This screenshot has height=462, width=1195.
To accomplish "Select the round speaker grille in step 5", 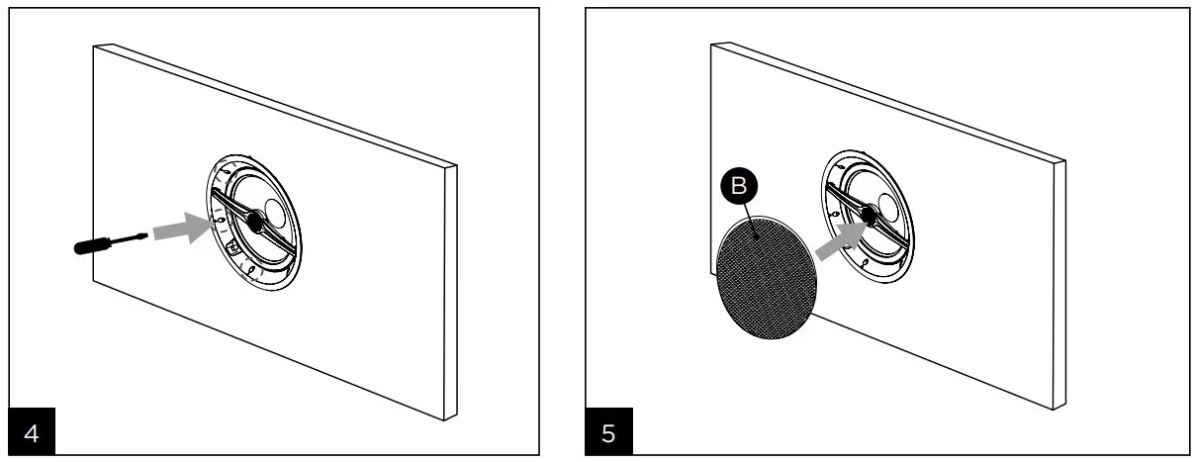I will click(767, 280).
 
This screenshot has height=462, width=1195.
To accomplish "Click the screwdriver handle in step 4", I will click(99, 243).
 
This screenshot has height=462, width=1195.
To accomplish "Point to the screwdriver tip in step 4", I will click(146, 234).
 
